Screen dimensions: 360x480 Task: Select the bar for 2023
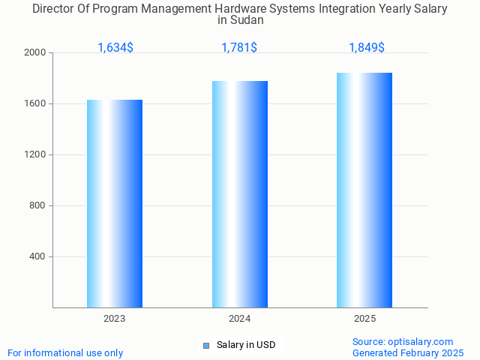(x=115, y=203)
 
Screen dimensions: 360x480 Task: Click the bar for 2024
(x=240, y=194)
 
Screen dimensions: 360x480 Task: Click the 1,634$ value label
(x=115, y=48)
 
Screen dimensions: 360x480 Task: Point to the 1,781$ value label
(x=239, y=48)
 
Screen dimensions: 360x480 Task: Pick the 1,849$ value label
(x=367, y=48)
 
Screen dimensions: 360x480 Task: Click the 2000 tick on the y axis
(x=35, y=53)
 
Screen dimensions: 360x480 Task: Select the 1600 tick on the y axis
(x=35, y=104)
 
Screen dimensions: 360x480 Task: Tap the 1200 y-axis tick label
(x=35, y=155)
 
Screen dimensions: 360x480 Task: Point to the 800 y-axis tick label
(x=37, y=206)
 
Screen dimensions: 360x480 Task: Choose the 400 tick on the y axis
(x=37, y=257)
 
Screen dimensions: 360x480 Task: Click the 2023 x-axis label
(x=115, y=319)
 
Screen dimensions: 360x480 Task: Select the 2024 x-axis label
(x=240, y=319)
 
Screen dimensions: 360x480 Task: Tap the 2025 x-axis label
(x=365, y=319)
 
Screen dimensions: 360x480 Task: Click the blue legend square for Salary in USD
(x=206, y=346)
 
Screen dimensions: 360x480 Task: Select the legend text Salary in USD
(x=246, y=345)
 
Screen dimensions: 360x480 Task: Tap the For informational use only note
(x=65, y=352)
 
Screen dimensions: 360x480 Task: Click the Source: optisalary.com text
(x=403, y=341)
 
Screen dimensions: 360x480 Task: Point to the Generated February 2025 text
(x=408, y=352)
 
